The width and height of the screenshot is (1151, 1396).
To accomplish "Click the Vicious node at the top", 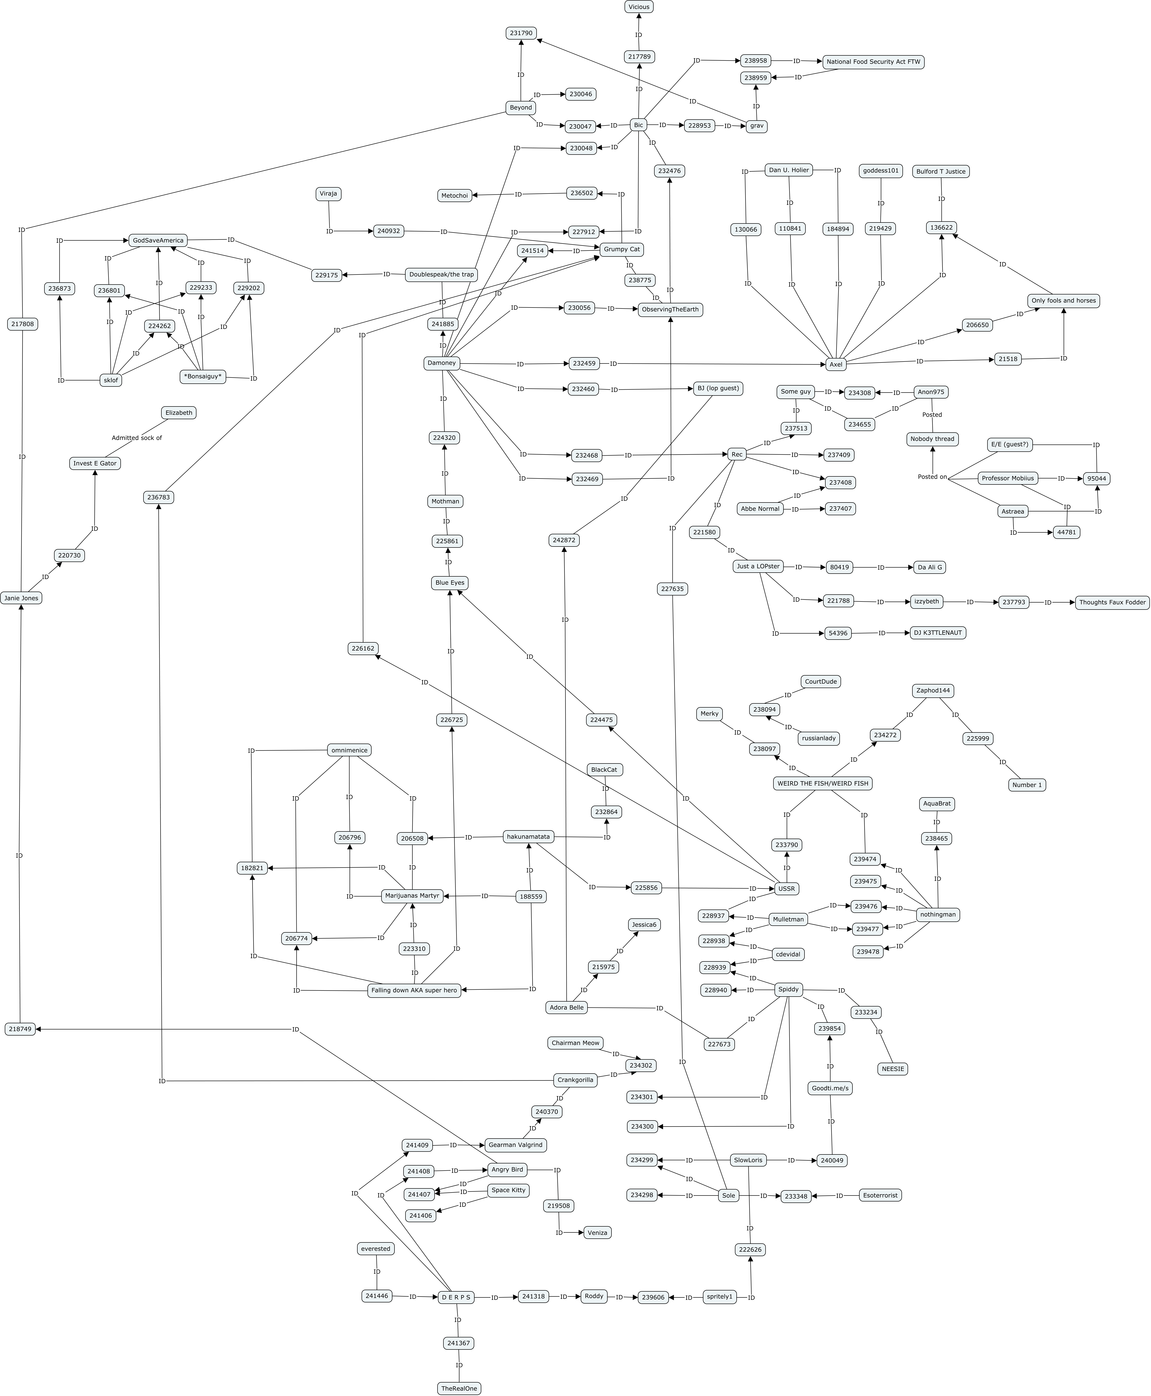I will click(638, 7).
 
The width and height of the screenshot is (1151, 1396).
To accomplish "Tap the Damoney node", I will click(442, 363).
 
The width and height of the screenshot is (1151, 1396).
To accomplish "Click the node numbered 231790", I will click(521, 33).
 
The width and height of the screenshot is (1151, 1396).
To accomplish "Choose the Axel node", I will click(835, 364).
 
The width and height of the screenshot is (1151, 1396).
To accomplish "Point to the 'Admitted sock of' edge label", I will click(137, 438).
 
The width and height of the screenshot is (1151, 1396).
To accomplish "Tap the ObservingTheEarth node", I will click(670, 309).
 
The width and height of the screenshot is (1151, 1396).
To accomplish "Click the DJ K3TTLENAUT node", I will click(937, 633).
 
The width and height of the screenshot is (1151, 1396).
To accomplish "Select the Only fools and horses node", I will click(1063, 301).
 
